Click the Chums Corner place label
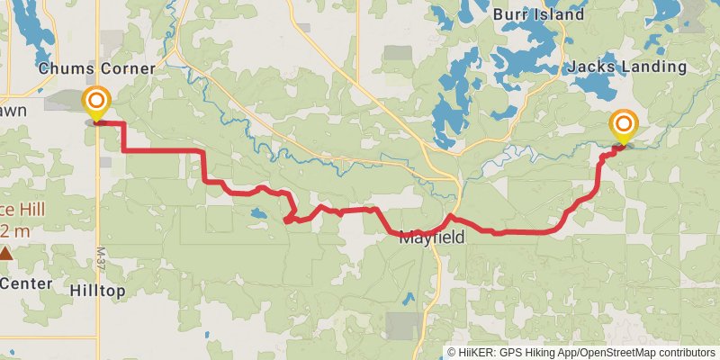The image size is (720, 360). (97, 68)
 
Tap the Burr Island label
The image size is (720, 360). (538, 14)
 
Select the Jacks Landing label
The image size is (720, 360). (627, 67)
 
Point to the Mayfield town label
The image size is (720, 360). (432, 238)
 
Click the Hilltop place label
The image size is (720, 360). (97, 290)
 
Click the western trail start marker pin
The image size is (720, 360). (96, 103)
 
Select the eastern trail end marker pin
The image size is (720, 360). (623, 126)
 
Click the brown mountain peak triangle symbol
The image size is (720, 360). (6, 254)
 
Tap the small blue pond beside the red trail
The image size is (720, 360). (258, 215)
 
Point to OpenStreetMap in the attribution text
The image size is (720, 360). (621, 353)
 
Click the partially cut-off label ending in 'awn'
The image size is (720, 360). (13, 110)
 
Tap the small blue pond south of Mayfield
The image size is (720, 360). (409, 297)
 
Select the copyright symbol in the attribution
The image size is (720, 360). (452, 353)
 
